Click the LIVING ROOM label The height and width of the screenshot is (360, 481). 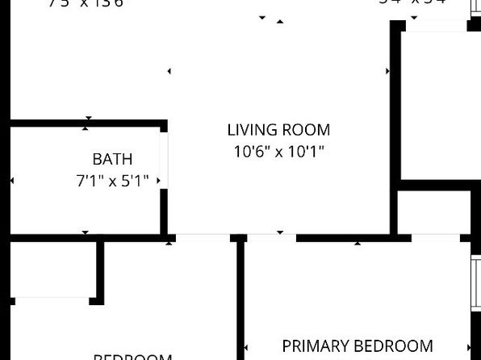[278, 130]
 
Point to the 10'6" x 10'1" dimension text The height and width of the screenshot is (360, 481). [278, 151]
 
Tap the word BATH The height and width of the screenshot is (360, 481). [112, 159]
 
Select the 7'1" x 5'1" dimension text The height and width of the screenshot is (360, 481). [112, 181]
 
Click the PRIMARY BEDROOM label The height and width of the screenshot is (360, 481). [357, 346]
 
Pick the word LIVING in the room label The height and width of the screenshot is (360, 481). [251, 130]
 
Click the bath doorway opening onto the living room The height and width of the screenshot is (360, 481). [164, 159]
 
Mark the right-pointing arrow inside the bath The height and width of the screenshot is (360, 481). [158, 181]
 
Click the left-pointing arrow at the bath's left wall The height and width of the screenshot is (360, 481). [11, 181]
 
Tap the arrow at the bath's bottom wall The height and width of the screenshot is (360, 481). [86, 233]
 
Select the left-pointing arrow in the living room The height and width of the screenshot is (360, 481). [169, 71]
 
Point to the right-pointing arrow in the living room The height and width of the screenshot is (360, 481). [388, 71]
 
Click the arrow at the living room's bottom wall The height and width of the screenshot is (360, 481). [280, 232]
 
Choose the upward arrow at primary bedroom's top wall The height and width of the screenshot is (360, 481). [358, 241]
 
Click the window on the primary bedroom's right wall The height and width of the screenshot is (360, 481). [476, 283]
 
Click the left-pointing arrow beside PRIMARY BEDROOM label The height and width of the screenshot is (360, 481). [247, 348]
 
